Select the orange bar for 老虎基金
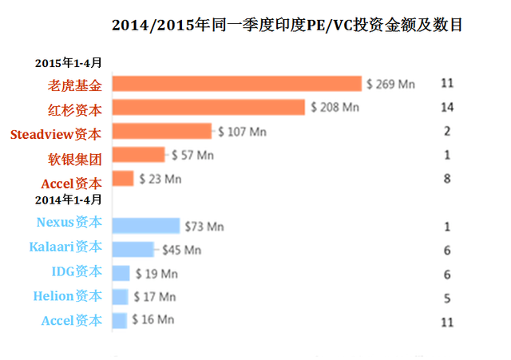coord(237,83)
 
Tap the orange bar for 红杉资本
coord(209,107)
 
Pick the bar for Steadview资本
coord(162,131)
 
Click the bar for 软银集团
coord(138,155)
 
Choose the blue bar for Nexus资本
coord(146,226)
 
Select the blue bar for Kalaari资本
coord(133,250)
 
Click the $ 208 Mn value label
coord(335,107)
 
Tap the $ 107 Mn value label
coord(242,132)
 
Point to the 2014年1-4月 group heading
coord(68,199)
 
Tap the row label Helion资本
coord(68,296)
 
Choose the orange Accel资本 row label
coord(71,183)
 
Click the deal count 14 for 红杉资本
coord(447,107)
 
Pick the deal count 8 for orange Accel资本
coord(447,179)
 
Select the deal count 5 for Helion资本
coord(447,298)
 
